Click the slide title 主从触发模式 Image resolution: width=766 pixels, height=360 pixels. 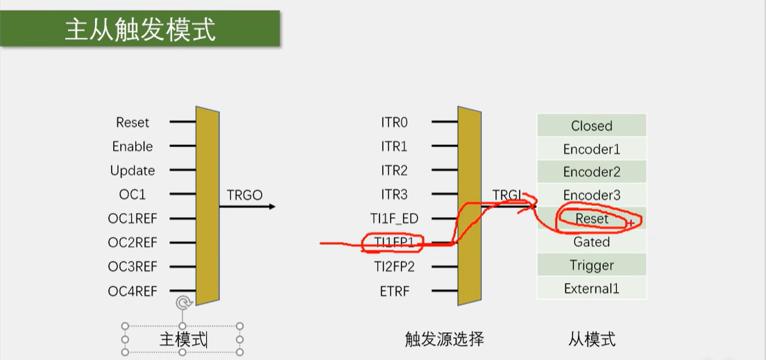point(139,30)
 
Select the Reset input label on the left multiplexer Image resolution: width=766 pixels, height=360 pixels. point(133,123)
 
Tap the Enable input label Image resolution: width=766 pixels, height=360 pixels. point(133,146)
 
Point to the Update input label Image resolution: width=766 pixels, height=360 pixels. point(133,171)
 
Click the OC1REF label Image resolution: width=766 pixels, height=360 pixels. point(133,218)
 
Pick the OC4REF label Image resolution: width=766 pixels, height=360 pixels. point(133,291)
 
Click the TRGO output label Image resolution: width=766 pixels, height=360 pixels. point(245,195)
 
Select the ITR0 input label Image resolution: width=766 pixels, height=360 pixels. point(394,123)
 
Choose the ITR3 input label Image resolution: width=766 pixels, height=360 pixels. point(394,195)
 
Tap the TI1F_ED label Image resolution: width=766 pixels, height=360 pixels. point(394,218)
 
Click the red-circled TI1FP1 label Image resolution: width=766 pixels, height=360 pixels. point(394,243)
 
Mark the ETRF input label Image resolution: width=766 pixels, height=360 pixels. point(394,291)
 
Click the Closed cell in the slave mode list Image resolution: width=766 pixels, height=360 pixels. point(592,126)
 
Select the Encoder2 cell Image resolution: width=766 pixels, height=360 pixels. point(592,172)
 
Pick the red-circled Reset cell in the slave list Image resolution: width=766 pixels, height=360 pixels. point(592,218)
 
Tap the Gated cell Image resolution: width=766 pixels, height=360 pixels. point(592,242)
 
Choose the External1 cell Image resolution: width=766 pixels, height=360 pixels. point(592,289)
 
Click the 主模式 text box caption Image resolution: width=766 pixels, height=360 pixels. point(183,339)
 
